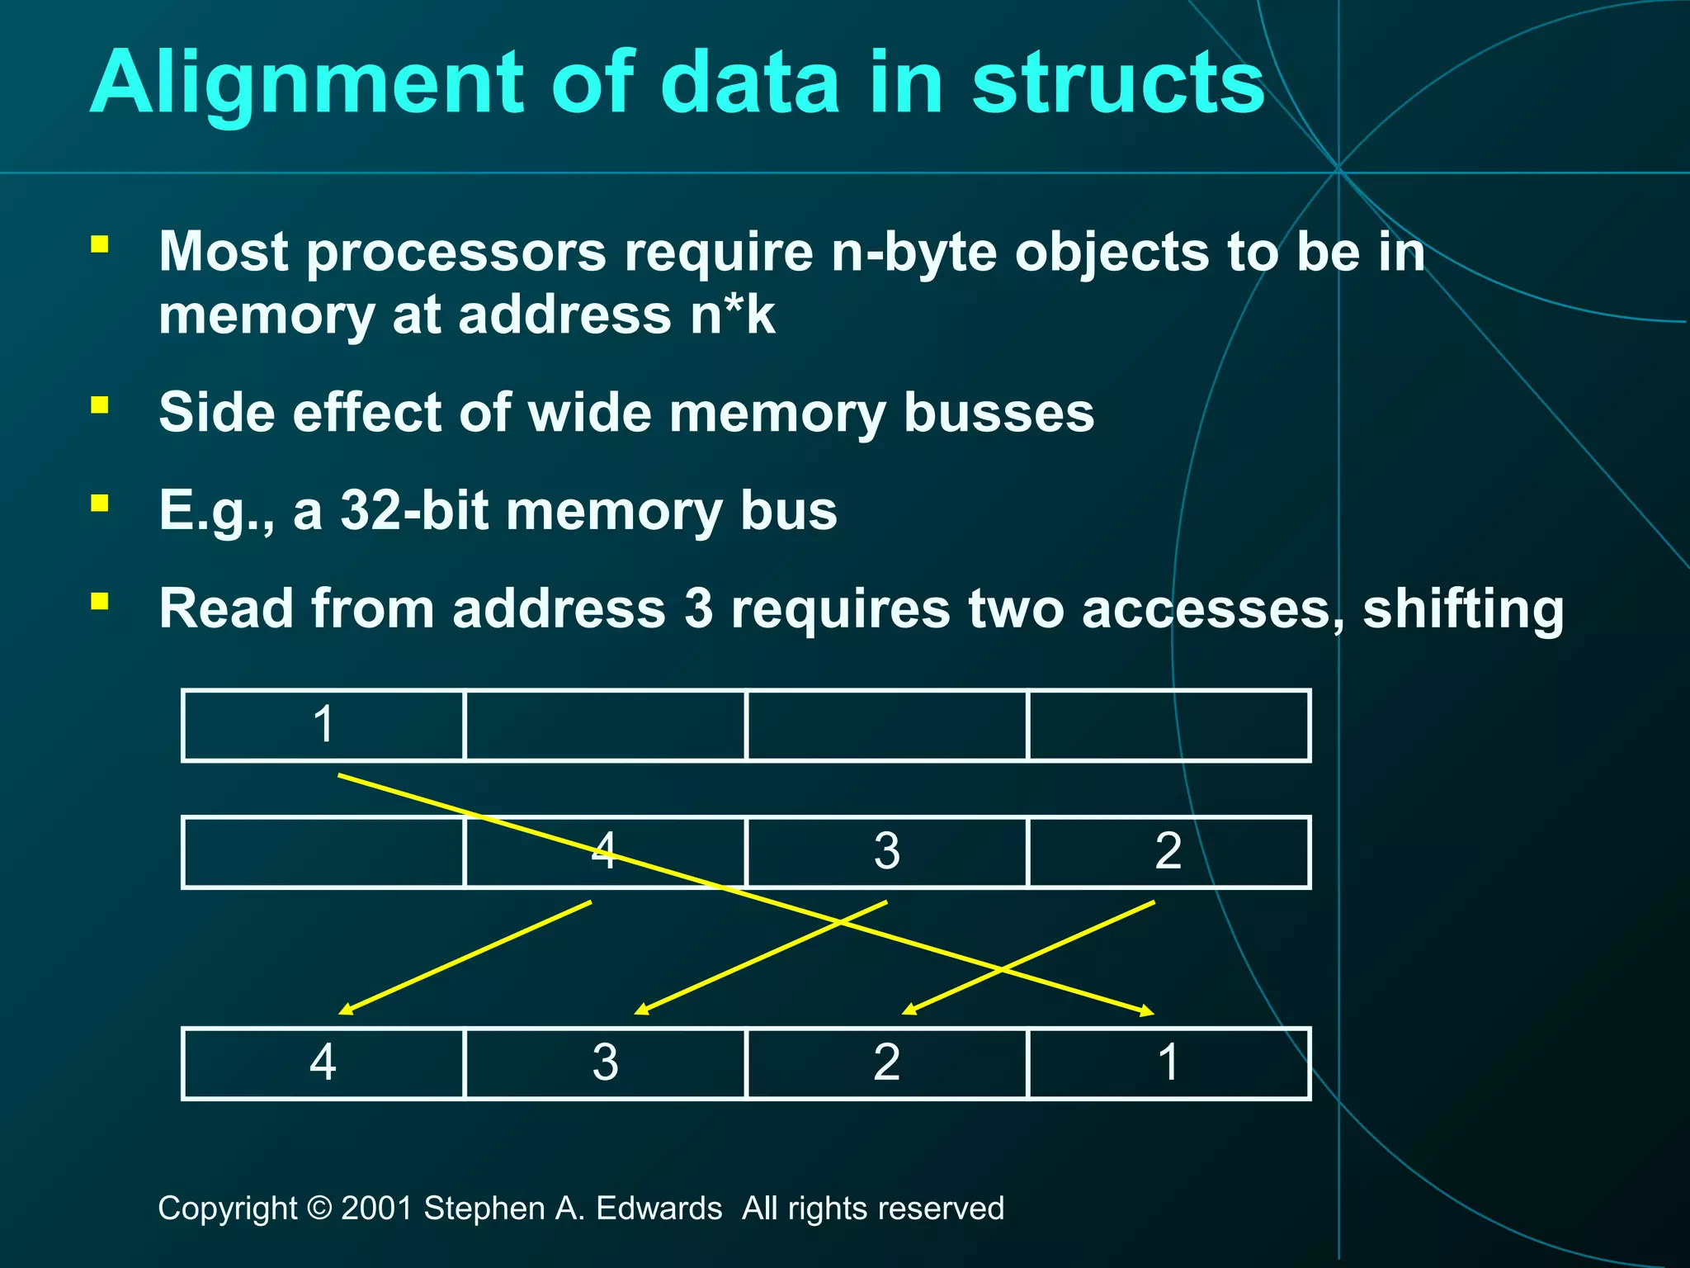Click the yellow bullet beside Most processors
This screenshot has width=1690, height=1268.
(x=100, y=244)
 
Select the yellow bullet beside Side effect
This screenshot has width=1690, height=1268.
(x=100, y=405)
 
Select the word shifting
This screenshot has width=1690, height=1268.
(x=1462, y=608)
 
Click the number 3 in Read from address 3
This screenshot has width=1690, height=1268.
(x=698, y=608)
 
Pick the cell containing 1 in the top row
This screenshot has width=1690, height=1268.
(x=323, y=725)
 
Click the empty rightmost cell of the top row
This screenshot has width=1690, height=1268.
(x=1168, y=725)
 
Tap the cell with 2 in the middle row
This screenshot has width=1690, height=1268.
(x=1168, y=851)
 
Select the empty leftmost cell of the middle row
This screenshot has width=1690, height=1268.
(x=323, y=851)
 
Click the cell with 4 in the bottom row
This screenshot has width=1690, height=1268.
(x=323, y=1062)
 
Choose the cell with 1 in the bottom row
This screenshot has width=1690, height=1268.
(x=1168, y=1062)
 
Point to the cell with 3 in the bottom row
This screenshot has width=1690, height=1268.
(x=605, y=1062)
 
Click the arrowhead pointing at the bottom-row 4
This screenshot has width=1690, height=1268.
(x=345, y=1010)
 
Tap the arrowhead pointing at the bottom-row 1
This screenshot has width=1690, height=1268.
(x=1147, y=1010)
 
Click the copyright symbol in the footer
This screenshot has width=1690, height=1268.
(x=319, y=1209)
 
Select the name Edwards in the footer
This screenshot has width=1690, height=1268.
(x=659, y=1209)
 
